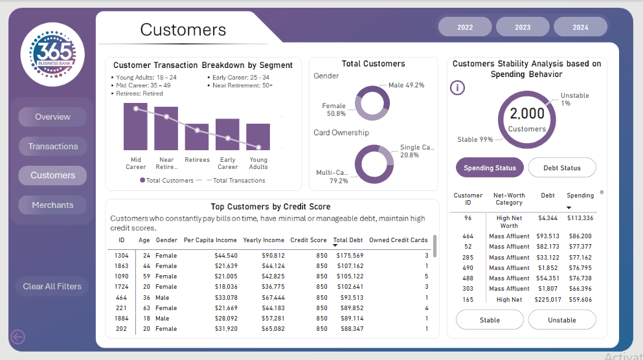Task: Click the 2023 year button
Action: click(x=523, y=27)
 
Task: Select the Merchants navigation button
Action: click(x=52, y=205)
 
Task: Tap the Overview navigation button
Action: click(x=52, y=117)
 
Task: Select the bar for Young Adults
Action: click(x=258, y=137)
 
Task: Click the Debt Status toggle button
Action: click(x=561, y=168)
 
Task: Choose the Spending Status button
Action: click(x=490, y=168)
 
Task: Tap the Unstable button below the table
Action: click(x=561, y=320)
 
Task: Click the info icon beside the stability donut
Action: click(x=458, y=87)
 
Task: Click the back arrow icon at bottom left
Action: click(x=17, y=336)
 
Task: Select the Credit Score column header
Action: click(x=308, y=240)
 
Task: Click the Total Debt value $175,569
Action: click(x=350, y=256)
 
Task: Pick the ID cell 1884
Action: click(x=122, y=319)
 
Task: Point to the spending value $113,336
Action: click(x=580, y=218)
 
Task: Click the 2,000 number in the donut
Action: click(x=527, y=114)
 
